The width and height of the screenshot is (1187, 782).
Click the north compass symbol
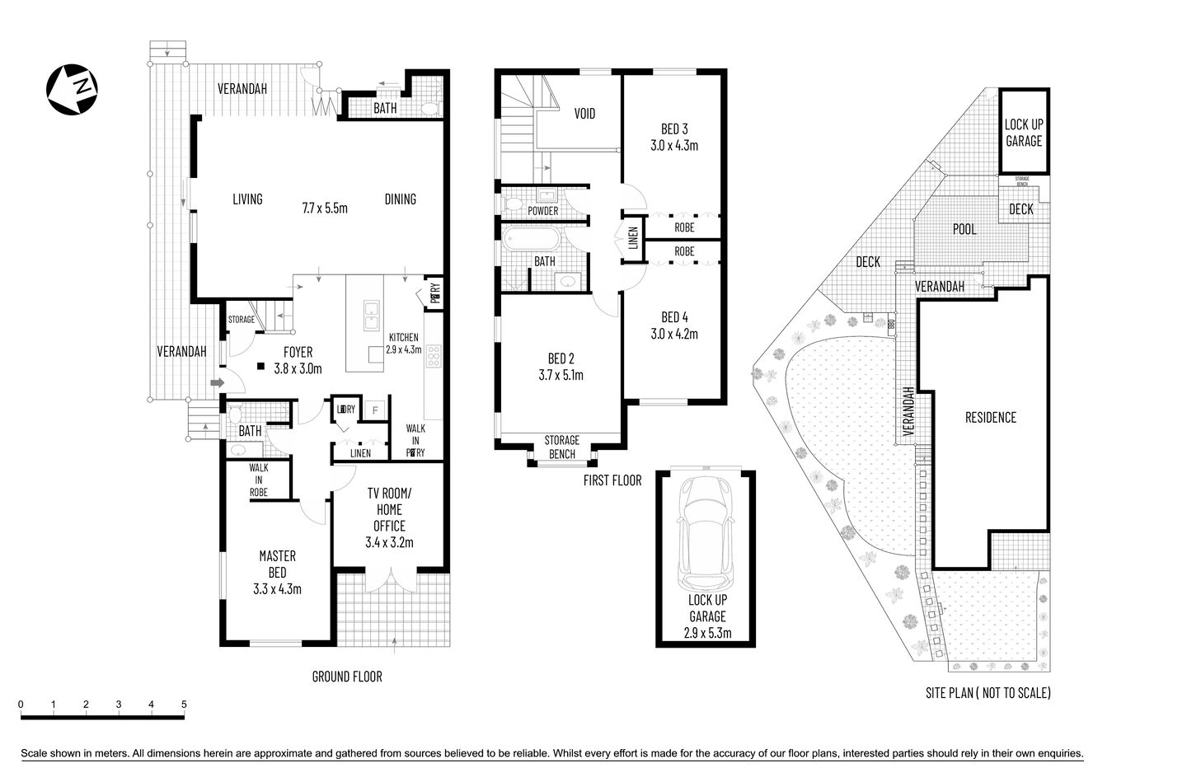pos(73,87)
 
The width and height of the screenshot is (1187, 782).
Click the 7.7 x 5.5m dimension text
pos(324,208)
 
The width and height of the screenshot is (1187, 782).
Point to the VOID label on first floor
pos(584,114)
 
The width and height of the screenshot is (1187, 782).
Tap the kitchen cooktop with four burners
pos(434,354)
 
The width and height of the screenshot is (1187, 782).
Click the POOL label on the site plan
pos(964,229)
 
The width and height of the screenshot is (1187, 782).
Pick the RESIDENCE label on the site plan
pos(991,417)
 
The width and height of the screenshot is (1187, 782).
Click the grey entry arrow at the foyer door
pos(217,382)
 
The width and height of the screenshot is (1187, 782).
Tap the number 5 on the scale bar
pos(184,705)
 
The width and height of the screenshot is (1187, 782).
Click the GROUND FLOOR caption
pos(346,677)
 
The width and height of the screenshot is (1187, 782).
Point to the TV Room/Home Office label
pos(388,517)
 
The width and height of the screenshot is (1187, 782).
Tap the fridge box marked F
pos(375,409)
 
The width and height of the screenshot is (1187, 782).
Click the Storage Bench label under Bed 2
pos(561,447)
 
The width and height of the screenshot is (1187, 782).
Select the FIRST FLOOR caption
pos(612,480)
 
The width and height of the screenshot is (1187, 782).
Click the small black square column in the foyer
pos(260,367)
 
